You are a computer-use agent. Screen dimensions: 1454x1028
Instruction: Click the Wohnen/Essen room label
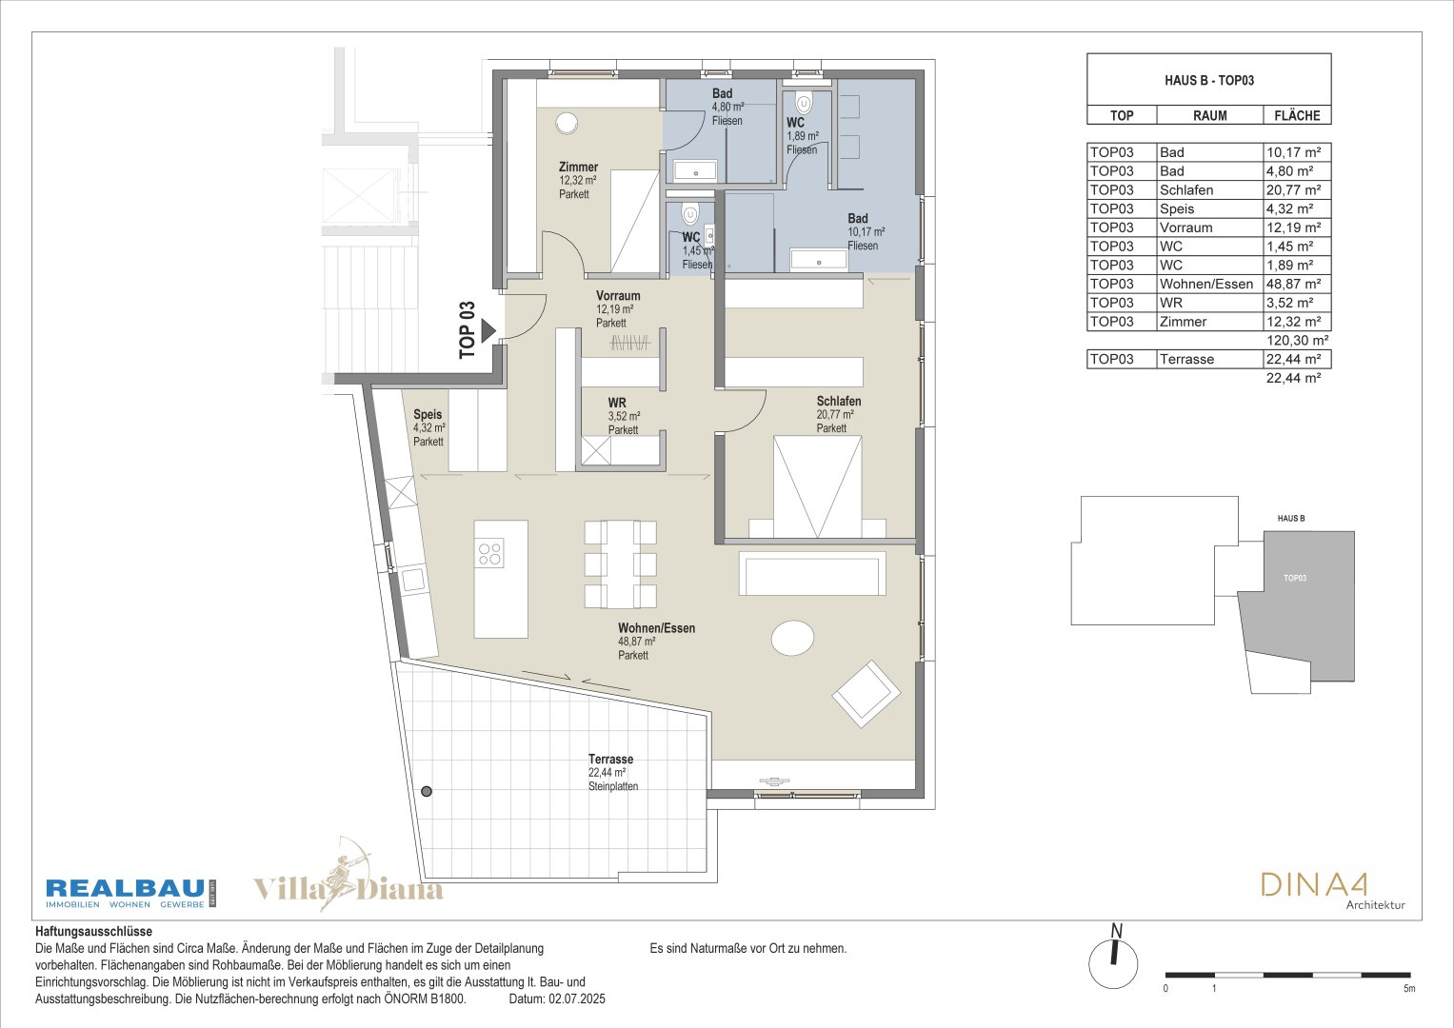pyautogui.click(x=656, y=628)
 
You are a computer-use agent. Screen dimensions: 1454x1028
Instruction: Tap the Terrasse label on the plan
pyautogui.click(x=610, y=759)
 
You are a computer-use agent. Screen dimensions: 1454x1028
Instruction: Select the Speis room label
pyautogui.click(x=428, y=414)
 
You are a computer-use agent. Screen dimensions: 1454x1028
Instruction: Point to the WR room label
pyautogui.click(x=617, y=403)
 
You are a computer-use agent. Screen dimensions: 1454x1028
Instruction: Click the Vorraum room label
pyautogui.click(x=618, y=296)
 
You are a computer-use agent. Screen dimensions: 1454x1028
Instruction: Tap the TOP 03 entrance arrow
pyautogui.click(x=488, y=330)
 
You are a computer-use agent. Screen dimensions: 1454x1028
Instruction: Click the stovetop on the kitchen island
pyautogui.click(x=490, y=554)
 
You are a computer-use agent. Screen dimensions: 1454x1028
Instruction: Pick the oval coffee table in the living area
pyautogui.click(x=792, y=638)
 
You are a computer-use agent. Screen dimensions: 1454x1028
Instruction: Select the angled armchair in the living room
pyautogui.click(x=866, y=694)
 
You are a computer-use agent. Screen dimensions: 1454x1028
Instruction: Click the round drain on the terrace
pyautogui.click(x=427, y=791)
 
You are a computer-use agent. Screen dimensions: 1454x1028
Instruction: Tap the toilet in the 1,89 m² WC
pyautogui.click(x=804, y=104)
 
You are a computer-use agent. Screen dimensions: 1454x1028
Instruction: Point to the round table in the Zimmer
pyautogui.click(x=567, y=124)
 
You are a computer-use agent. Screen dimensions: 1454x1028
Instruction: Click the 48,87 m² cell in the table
pyautogui.click(x=1293, y=284)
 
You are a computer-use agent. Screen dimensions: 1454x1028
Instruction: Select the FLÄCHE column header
pyautogui.click(x=1297, y=115)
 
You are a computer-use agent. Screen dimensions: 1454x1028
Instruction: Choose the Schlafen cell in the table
pyautogui.click(x=1185, y=190)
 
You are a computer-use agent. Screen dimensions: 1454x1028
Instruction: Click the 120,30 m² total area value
pyautogui.click(x=1297, y=340)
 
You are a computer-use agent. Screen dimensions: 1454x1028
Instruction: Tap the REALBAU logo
pyautogui.click(x=130, y=893)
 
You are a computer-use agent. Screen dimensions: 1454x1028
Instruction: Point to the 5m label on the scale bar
pyautogui.click(x=1409, y=988)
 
